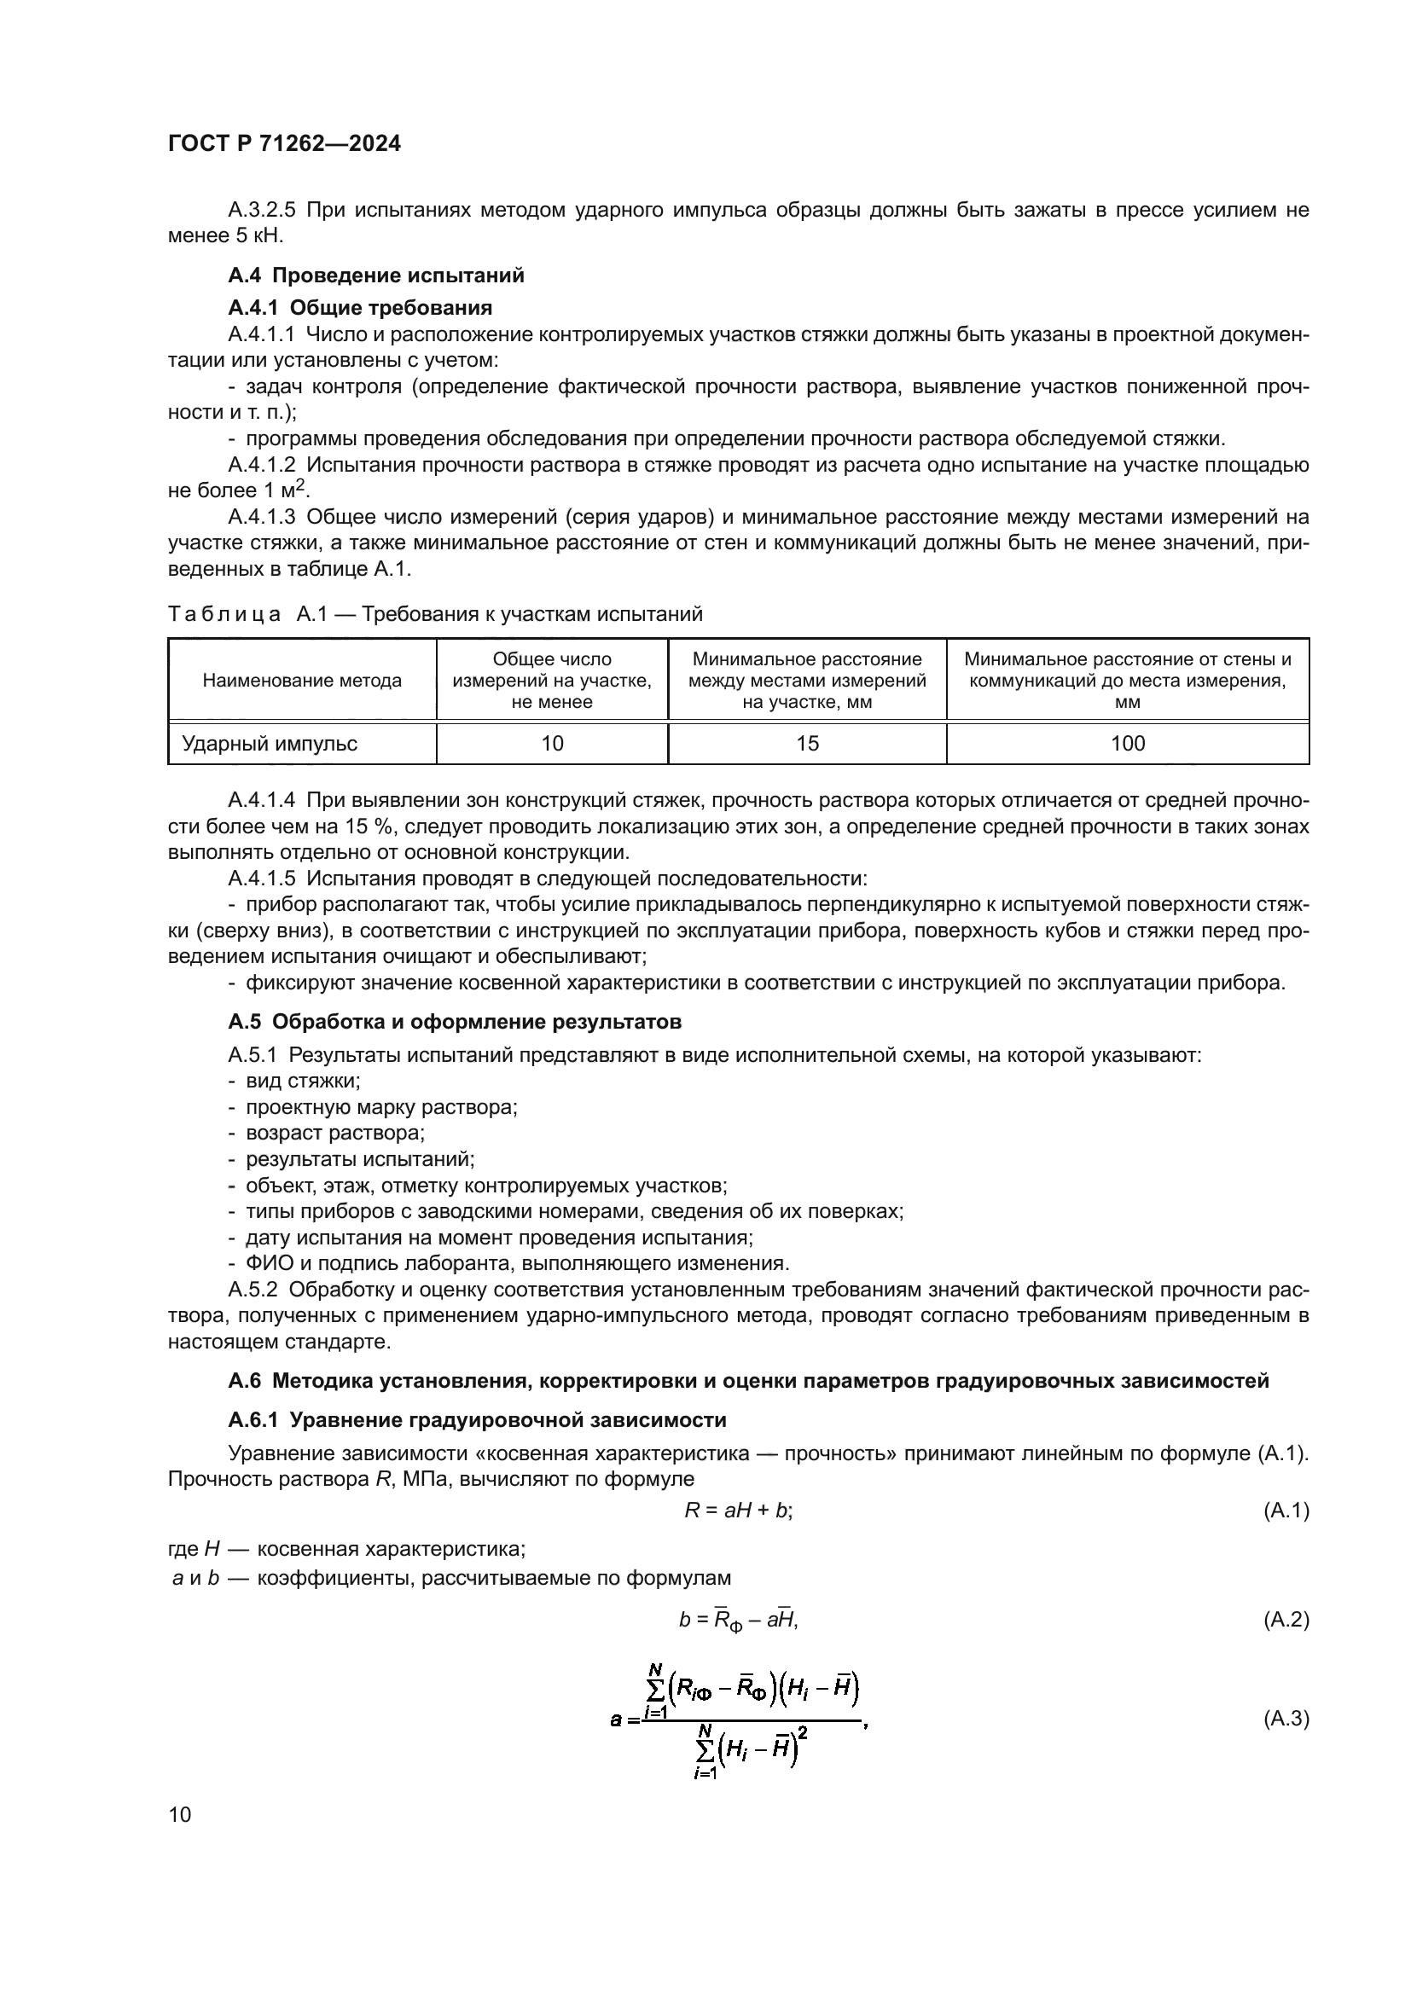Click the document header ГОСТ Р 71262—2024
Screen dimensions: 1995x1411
[x=284, y=144]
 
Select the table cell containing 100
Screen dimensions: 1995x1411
[x=1127, y=743]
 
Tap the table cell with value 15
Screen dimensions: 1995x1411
[x=807, y=743]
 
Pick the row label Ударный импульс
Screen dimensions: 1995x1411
[x=270, y=743]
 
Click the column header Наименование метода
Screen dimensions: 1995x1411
[x=301, y=681]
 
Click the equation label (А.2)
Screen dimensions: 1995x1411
[x=1285, y=1619]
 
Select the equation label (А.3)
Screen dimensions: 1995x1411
[x=1285, y=1718]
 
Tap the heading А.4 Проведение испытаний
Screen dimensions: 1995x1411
[x=376, y=275]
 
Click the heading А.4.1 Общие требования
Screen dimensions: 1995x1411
[x=360, y=308]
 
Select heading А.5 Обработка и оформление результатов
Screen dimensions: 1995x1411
[x=455, y=1021]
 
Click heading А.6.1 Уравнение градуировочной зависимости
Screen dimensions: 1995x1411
[x=477, y=1420]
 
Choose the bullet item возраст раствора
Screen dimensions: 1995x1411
[x=334, y=1133]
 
